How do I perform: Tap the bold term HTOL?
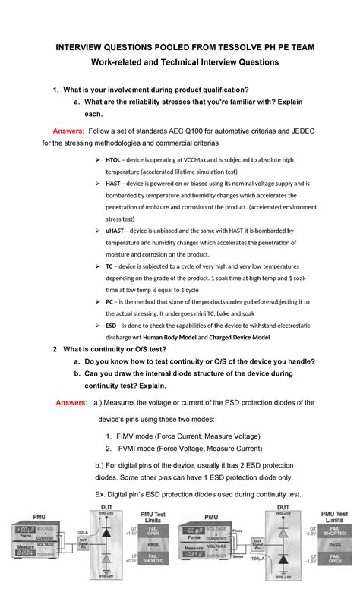coord(113,160)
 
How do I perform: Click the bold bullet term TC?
coord(110,266)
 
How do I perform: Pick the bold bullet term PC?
coord(110,301)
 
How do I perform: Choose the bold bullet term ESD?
coord(112,325)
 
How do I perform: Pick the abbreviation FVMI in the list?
coord(130,449)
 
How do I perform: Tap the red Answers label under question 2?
coord(71,402)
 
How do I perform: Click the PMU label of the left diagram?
coord(36,516)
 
